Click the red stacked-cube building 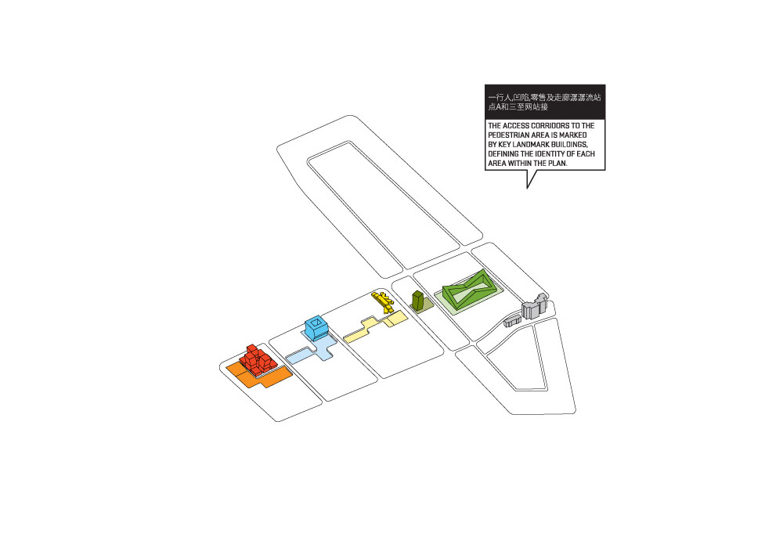pyautogui.click(x=257, y=360)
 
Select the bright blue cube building pyautogui.click(x=316, y=327)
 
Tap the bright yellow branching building pyautogui.click(x=383, y=301)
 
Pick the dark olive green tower pyautogui.click(x=418, y=300)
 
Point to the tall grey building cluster pyautogui.click(x=534, y=306)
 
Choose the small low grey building pyautogui.click(x=511, y=321)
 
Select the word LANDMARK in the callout pyautogui.click(x=532, y=145)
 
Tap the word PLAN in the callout pyautogui.click(x=558, y=163)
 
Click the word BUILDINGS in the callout pyautogui.click(x=570, y=145)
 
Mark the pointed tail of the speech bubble pyautogui.click(x=527, y=188)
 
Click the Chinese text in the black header pyautogui.click(x=544, y=102)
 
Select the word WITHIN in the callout pyautogui.click(x=520, y=163)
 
